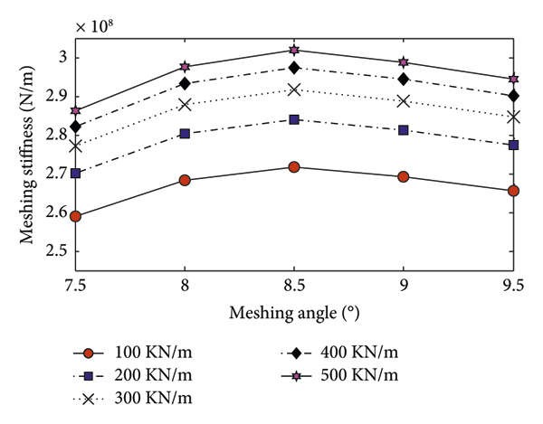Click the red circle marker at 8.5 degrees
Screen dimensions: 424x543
tap(294, 167)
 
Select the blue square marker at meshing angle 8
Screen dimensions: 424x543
tap(185, 134)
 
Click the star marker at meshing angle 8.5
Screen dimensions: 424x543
tap(294, 50)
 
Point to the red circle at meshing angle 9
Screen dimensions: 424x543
tap(403, 176)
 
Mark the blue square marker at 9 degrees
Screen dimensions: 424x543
tap(403, 130)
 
